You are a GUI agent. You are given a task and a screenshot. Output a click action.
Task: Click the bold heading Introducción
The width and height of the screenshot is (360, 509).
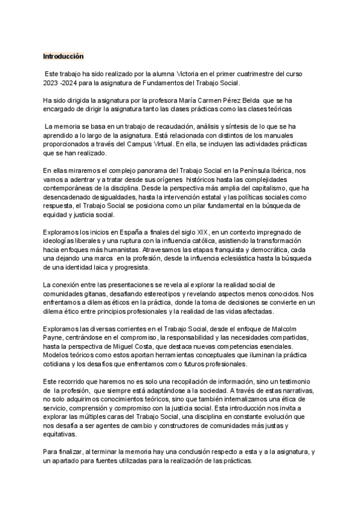point(63,56)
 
